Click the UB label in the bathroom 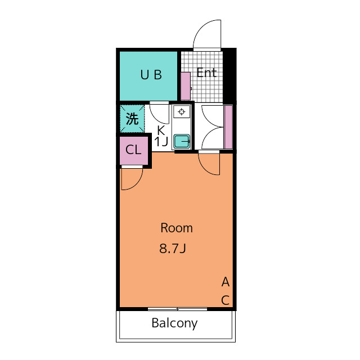151,75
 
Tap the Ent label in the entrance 206,73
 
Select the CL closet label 133,150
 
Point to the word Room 177,228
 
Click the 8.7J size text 173,248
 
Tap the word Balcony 174,323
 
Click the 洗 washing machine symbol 132,119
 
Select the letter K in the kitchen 161,130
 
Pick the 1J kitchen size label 161,142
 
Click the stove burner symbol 182,112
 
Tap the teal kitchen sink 182,141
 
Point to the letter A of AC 226,282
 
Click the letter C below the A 226,300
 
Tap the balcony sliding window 178,309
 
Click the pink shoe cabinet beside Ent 186,86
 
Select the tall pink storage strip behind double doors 228,127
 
